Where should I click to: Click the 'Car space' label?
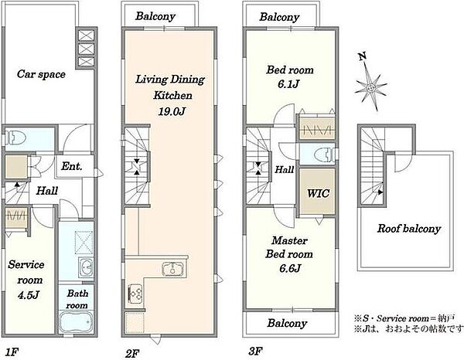(41, 74)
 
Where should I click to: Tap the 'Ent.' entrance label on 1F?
(71, 166)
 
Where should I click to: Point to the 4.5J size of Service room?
(29, 295)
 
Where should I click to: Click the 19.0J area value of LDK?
(172, 111)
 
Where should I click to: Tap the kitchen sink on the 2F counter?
(172, 269)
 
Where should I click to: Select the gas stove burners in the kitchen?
(135, 293)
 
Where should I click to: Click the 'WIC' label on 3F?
(318, 193)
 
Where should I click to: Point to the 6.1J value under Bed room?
(288, 84)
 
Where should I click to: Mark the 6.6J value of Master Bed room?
(290, 268)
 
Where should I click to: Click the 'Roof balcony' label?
(409, 229)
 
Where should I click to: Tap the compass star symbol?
(371, 87)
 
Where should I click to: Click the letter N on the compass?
(363, 56)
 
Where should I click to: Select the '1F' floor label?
(12, 352)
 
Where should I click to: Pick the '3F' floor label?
(255, 352)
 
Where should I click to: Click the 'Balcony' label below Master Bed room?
(287, 323)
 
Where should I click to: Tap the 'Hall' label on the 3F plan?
(285, 169)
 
